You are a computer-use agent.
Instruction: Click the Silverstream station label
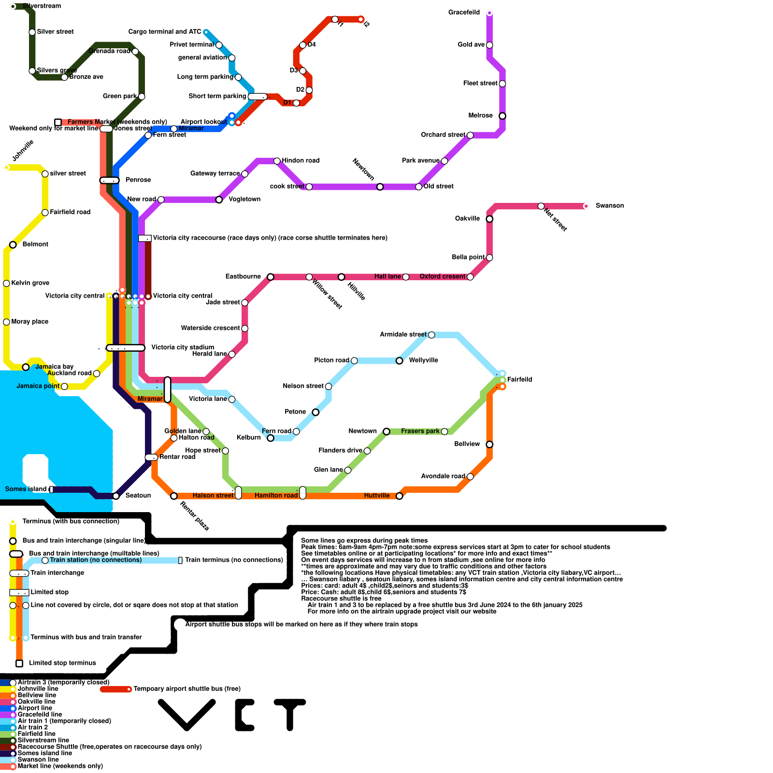42,6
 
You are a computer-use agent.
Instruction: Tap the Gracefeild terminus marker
489,13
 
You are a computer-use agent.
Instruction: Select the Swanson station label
609,206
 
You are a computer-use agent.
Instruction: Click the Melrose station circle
502,116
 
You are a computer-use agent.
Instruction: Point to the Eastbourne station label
243,276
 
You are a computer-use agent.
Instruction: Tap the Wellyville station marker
400,361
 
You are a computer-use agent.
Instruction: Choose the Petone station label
295,412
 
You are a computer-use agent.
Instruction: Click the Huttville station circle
400,496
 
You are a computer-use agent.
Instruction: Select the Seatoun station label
138,496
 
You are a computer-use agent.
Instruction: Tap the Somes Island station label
26,489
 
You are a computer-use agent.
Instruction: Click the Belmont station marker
13,245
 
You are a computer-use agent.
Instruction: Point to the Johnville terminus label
23,150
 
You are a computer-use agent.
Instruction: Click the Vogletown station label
244,199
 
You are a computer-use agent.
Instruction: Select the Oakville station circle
489,219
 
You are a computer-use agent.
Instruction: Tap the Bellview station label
467,444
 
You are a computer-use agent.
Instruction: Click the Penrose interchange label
138,180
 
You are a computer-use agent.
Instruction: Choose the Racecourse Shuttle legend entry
109,746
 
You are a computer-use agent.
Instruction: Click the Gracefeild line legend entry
40,715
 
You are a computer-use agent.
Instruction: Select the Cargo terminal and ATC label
164,32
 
